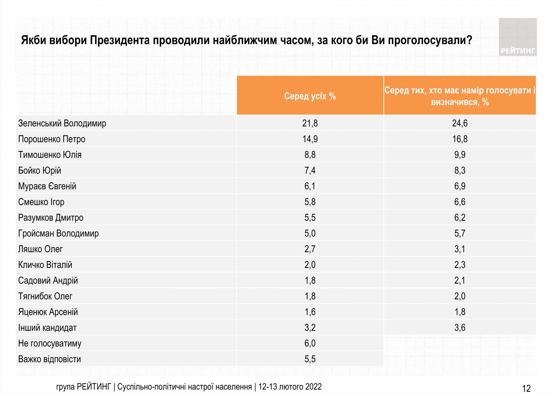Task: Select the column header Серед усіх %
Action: click(x=310, y=96)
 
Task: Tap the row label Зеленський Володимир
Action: click(x=62, y=123)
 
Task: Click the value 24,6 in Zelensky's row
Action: click(x=460, y=123)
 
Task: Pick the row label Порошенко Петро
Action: click(x=52, y=139)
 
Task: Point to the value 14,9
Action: click(x=310, y=139)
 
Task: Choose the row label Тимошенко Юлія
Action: click(x=50, y=155)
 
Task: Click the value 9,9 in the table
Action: click(x=460, y=155)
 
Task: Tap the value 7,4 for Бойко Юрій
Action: click(x=310, y=170)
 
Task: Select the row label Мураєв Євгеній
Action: click(x=47, y=186)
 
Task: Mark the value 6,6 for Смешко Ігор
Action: click(x=460, y=202)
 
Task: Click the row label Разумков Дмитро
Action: click(x=51, y=217)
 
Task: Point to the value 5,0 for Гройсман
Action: click(x=310, y=233)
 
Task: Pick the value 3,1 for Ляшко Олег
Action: click(x=460, y=249)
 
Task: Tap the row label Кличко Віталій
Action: click(x=45, y=265)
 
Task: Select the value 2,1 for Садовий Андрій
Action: click(x=460, y=280)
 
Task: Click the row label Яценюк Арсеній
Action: click(x=48, y=312)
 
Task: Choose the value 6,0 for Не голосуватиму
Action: click(x=310, y=343)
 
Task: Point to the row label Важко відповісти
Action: click(x=50, y=359)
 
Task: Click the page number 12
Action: click(x=527, y=388)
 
